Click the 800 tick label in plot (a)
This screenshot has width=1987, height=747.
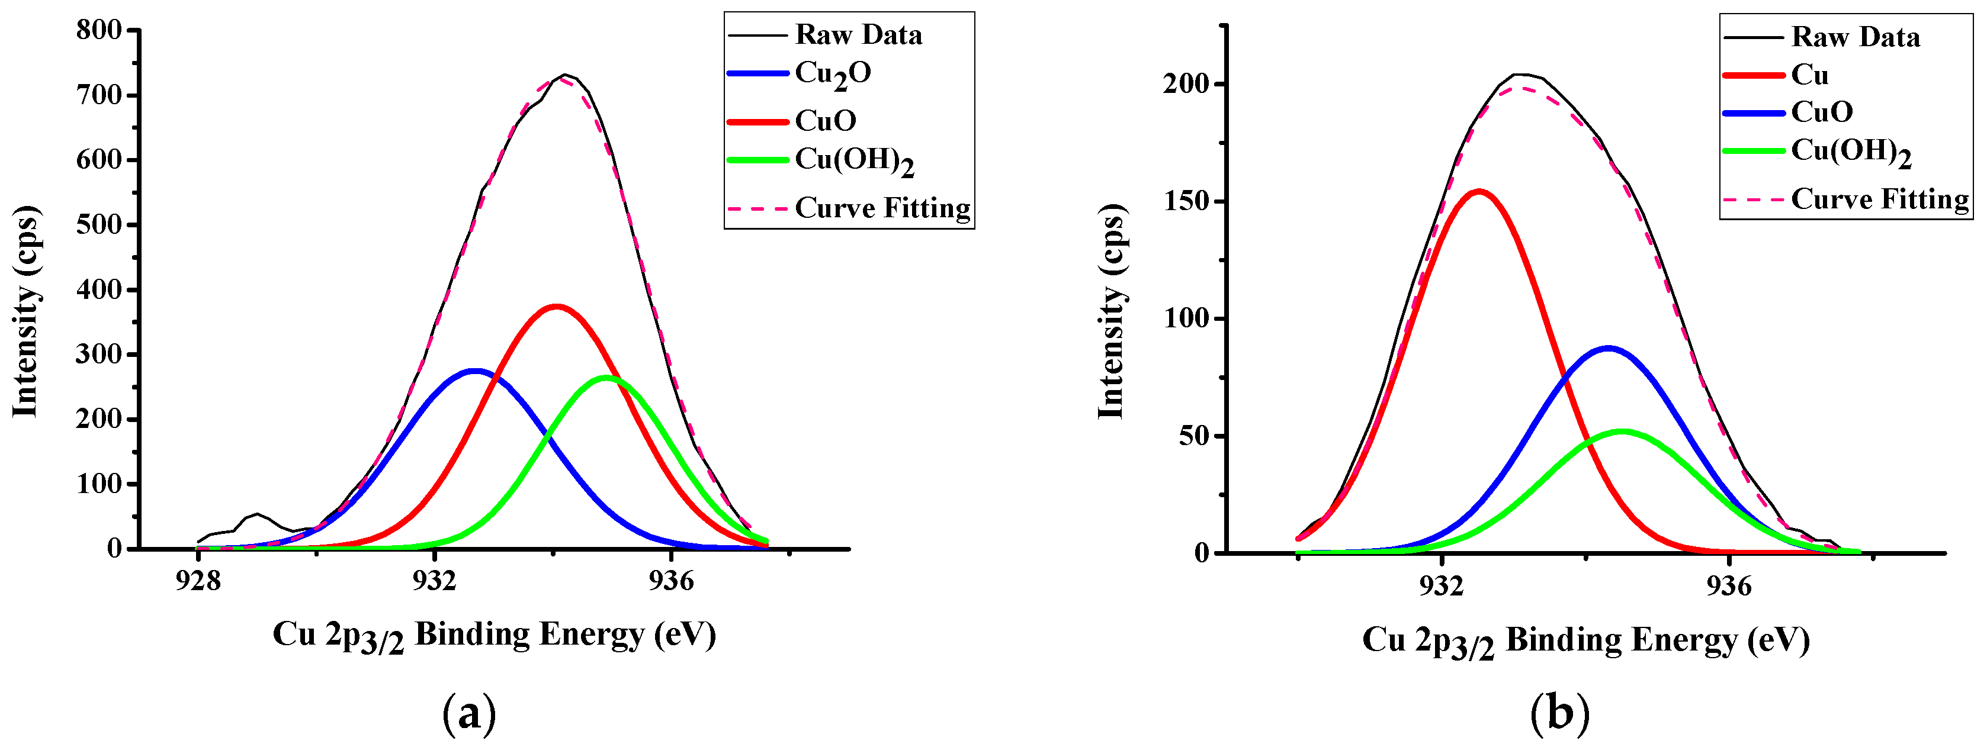[99, 30]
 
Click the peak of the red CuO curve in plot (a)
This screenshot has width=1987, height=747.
[556, 306]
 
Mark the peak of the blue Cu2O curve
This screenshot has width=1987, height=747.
[476, 370]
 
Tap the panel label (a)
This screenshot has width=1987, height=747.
[469, 714]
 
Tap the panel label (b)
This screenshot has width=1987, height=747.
[1559, 714]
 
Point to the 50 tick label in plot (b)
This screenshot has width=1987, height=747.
[1193, 436]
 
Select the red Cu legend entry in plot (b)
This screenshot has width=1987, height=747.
[1809, 75]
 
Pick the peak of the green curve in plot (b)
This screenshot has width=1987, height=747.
[1622, 431]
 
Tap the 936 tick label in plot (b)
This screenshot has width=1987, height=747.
[1729, 587]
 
